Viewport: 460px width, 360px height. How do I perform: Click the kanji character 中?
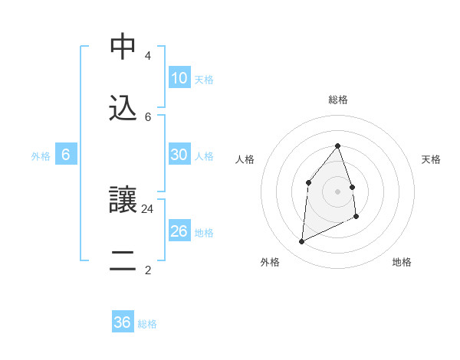pyautogui.click(x=123, y=48)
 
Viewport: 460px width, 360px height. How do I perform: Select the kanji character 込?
pyautogui.click(x=123, y=109)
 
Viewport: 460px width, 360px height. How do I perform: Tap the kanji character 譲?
pyautogui.click(x=123, y=201)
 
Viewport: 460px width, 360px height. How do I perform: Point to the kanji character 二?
pyautogui.click(x=123, y=261)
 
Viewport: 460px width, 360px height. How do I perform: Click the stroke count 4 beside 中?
pyautogui.click(x=147, y=56)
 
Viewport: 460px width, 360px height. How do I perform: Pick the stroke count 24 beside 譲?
pyautogui.click(x=148, y=208)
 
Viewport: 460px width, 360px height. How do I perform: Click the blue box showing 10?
pyautogui.click(x=179, y=78)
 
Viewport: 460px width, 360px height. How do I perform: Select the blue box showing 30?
pyautogui.click(x=179, y=155)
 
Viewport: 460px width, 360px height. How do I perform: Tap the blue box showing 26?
pyautogui.click(x=179, y=231)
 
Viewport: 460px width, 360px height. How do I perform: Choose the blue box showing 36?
pyautogui.click(x=123, y=322)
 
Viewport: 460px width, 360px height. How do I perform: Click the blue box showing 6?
pyautogui.click(x=66, y=155)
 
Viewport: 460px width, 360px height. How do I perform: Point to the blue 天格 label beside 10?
pyautogui.click(x=204, y=79)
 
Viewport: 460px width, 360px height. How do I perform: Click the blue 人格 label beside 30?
pyautogui.click(x=204, y=155)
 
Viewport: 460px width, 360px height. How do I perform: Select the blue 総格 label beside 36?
pyautogui.click(x=147, y=323)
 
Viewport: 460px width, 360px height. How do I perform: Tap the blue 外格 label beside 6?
pyautogui.click(x=41, y=155)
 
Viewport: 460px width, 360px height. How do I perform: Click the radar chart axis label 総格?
pyautogui.click(x=337, y=100)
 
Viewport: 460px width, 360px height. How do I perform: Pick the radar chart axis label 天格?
pyautogui.click(x=431, y=159)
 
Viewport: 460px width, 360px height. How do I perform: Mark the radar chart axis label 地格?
pyautogui.click(x=402, y=262)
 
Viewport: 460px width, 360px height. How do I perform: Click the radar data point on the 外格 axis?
pyautogui.click(x=301, y=242)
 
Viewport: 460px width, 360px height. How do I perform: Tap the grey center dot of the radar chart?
pyautogui.click(x=337, y=191)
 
